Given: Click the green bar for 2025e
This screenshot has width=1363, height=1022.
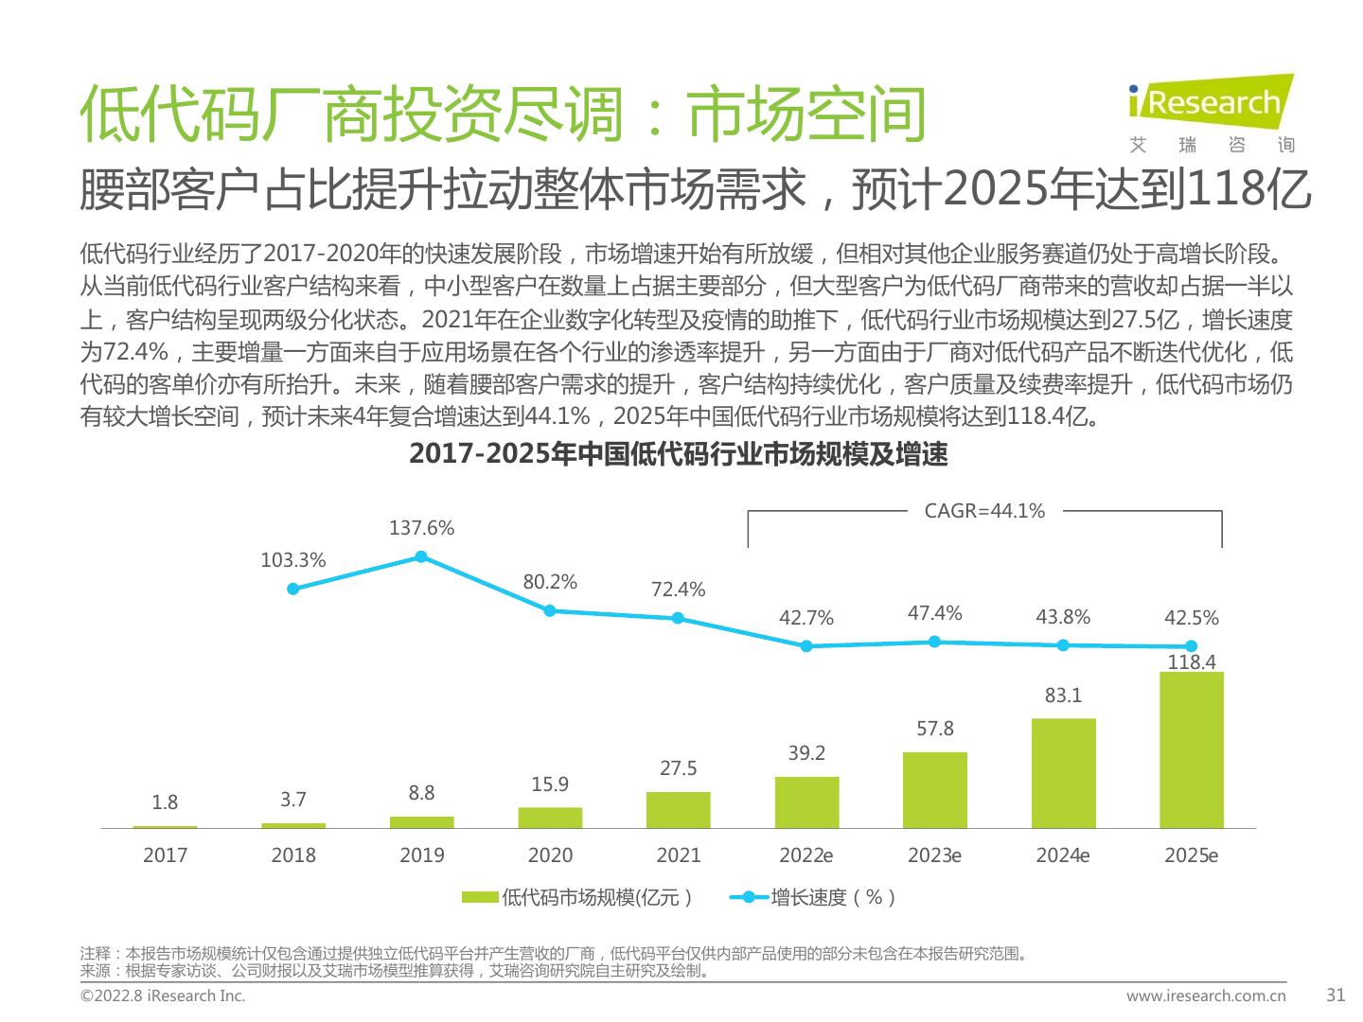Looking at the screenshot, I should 1191,749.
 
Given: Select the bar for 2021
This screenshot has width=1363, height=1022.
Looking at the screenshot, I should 678,810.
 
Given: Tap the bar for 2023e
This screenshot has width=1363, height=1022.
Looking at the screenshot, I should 934,790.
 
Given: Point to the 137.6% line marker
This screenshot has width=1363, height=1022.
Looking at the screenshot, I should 421,556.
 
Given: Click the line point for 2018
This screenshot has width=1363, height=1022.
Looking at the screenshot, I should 293,589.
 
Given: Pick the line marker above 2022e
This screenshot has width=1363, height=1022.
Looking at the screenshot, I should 806,646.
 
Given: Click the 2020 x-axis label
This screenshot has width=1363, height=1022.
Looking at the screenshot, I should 550,855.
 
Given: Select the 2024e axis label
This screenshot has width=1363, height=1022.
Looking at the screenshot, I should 1062,855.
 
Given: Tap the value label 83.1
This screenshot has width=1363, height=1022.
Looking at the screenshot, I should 1062,696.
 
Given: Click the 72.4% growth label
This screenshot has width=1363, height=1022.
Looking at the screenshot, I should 678,590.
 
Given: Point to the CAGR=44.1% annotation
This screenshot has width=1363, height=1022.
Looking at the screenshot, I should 984,511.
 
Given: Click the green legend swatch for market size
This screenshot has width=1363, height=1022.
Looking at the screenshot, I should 480,897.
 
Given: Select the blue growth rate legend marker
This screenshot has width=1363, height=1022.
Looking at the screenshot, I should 749,897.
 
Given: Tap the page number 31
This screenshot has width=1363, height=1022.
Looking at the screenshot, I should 1336,996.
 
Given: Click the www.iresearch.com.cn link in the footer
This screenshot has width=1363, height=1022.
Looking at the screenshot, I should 1205,996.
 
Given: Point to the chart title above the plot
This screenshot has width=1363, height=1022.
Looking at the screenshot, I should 678,454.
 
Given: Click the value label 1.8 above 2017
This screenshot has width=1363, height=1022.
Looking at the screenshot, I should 165,802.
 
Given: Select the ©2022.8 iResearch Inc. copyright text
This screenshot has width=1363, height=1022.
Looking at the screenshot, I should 163,996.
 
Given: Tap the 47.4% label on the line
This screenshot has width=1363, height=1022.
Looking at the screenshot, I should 934,613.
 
